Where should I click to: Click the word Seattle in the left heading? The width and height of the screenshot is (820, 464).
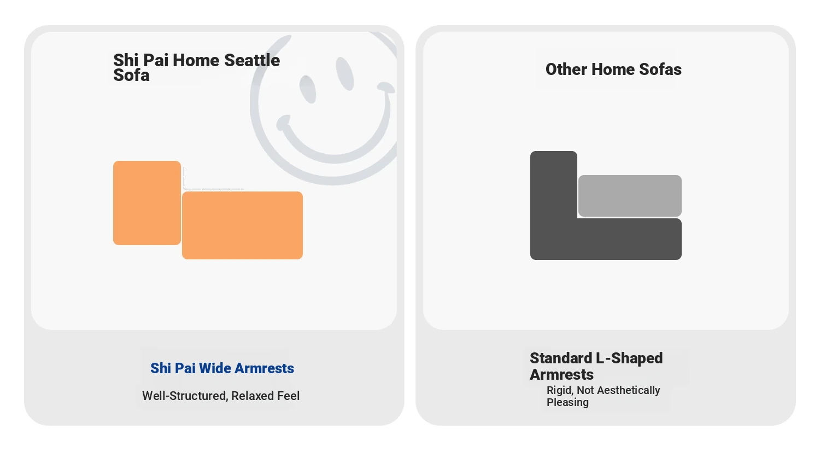pos(252,60)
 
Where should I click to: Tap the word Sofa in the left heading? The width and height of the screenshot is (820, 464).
pos(131,75)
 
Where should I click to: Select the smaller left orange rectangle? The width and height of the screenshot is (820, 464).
pos(147,202)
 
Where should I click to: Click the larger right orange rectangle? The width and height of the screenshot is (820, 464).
pos(242,225)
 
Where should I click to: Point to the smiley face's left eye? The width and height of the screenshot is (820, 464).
pos(307,89)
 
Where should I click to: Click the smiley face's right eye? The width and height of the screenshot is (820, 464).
pos(345,74)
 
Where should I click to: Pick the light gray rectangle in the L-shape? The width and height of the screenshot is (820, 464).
pos(630,196)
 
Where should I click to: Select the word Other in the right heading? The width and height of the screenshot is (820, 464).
pos(566,69)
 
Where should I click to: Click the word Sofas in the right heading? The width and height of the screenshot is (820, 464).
pos(660,69)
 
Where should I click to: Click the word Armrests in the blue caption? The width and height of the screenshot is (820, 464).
pos(264,368)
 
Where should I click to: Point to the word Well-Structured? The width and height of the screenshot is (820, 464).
pos(185,396)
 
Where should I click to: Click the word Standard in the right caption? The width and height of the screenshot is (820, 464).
pos(561,358)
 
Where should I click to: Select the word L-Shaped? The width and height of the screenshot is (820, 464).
pos(630,358)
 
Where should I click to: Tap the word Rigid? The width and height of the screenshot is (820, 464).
pos(560,390)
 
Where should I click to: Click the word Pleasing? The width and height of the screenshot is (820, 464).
pos(568,402)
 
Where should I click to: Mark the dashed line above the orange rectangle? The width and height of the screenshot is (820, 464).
pos(214,189)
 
